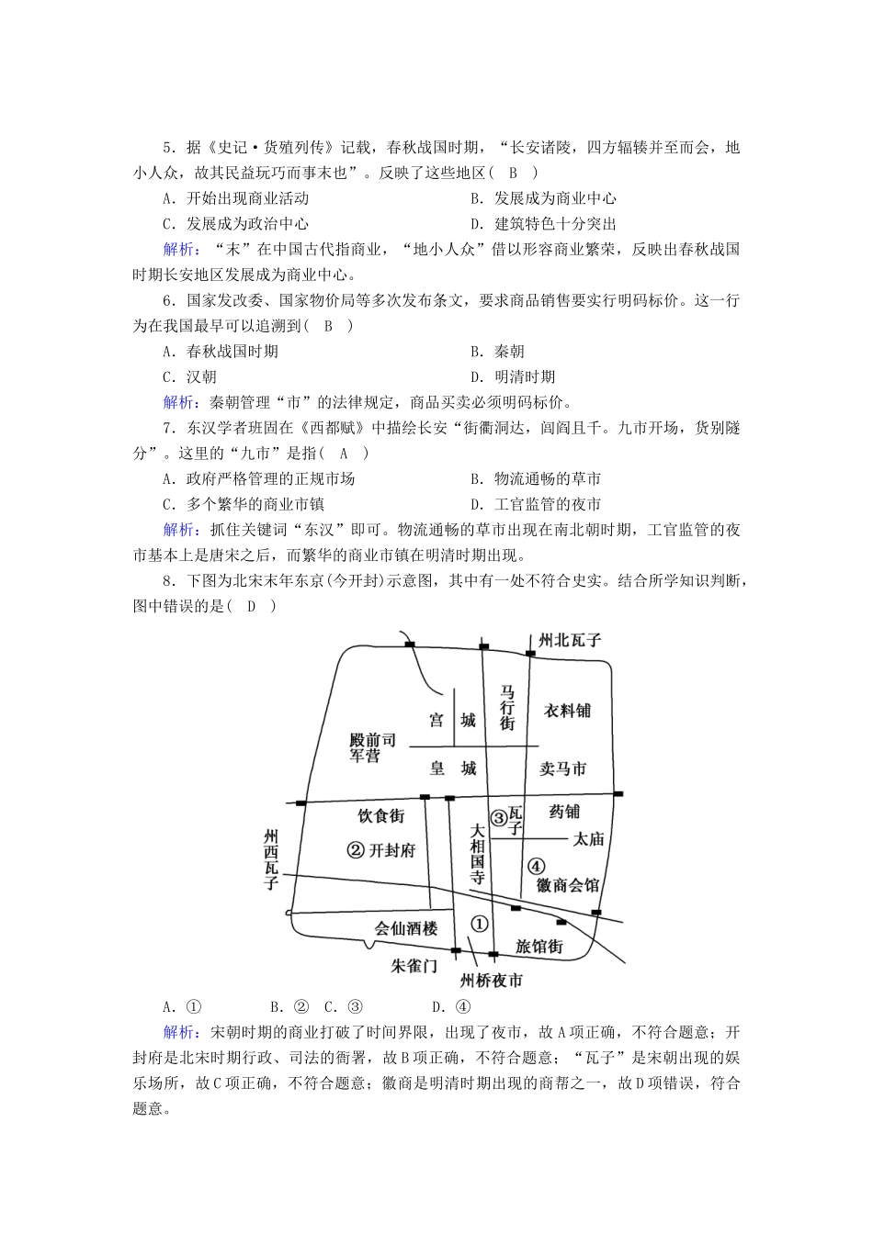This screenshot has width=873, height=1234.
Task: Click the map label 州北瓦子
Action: click(569, 640)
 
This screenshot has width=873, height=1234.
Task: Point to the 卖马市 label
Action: click(562, 768)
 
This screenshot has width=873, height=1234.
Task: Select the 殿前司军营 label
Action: click(372, 747)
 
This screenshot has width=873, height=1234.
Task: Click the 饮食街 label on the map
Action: click(380, 814)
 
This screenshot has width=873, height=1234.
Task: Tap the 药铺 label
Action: click(564, 812)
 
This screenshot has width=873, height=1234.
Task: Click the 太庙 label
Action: click(588, 838)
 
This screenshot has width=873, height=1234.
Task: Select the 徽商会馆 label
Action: click(568, 885)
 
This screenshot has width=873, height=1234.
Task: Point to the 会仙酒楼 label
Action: click(406, 928)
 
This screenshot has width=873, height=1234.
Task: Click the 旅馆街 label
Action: click(539, 946)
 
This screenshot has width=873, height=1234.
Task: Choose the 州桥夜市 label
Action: click(492, 981)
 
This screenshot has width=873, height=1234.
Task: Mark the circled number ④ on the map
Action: click(537, 865)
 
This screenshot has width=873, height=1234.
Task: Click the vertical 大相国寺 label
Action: click(477, 855)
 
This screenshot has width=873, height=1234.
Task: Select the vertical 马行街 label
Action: click(507, 706)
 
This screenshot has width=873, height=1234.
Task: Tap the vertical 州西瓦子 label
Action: click(270, 859)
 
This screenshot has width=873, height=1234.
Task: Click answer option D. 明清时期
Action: click(525, 376)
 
